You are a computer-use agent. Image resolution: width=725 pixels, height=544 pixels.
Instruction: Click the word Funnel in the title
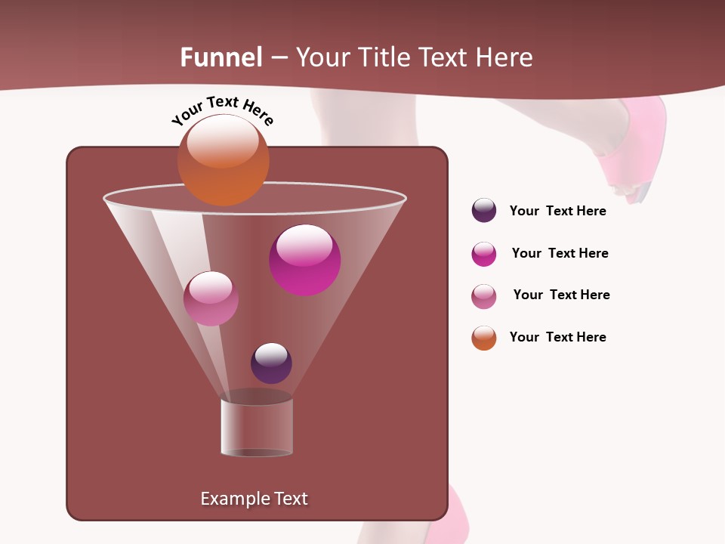[x=221, y=57]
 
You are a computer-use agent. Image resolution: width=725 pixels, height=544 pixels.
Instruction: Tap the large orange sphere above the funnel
[x=223, y=159]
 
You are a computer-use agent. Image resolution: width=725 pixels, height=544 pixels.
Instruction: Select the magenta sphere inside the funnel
[x=305, y=260]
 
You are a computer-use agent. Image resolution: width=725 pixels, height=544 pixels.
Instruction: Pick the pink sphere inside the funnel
[x=211, y=298]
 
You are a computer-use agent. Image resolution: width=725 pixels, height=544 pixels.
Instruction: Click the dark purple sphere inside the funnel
[x=271, y=363]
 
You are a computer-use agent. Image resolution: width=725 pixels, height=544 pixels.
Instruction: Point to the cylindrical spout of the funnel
[x=257, y=427]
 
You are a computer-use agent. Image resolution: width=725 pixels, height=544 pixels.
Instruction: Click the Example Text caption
[x=254, y=499]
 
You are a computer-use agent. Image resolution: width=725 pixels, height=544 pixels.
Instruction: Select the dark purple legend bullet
[x=484, y=210]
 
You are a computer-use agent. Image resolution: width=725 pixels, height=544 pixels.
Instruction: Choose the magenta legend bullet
[x=484, y=254]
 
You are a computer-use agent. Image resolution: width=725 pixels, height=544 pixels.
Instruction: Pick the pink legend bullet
[x=484, y=296]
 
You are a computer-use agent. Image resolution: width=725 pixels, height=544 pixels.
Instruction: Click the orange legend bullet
[x=484, y=338]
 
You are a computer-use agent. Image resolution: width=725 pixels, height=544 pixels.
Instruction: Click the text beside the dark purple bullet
[x=557, y=211]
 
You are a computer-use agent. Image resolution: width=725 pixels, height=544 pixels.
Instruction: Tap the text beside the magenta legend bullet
[x=560, y=253]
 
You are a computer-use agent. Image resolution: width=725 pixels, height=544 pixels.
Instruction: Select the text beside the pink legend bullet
[x=561, y=295]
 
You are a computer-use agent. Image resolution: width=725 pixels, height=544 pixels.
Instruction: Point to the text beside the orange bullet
[x=557, y=337]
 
